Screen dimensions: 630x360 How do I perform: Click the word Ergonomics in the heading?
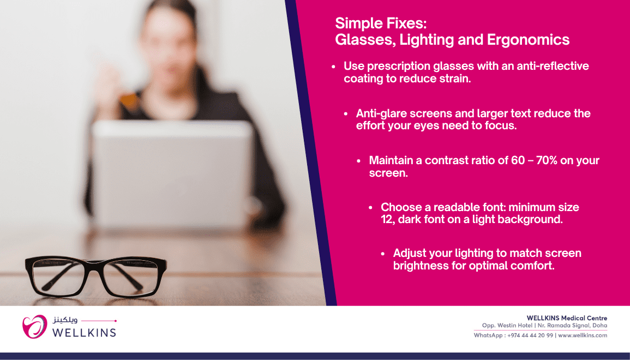tap(528, 40)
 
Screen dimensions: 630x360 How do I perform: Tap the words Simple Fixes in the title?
tap(380, 23)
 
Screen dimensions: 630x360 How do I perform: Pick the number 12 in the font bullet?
tap(387, 219)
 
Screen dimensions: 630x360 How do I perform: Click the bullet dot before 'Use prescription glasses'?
tap(333, 67)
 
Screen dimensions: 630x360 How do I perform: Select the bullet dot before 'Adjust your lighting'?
tap(383, 254)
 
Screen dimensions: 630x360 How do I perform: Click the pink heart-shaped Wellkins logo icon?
tap(34, 326)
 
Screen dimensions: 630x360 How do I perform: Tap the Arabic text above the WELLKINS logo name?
tap(65, 320)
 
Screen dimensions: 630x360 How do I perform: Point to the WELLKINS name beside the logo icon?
tap(84, 333)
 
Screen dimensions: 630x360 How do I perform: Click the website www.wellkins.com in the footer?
tap(583, 335)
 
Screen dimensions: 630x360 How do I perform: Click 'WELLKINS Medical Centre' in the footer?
tap(567, 318)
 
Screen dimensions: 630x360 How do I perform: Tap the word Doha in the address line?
tap(600, 326)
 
